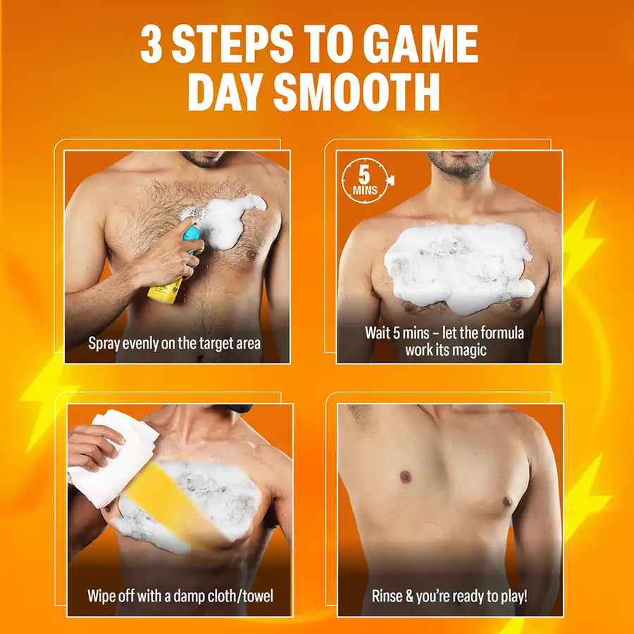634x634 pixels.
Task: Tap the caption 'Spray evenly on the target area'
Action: click(x=175, y=344)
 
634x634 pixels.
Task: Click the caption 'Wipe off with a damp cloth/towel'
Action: click(x=180, y=596)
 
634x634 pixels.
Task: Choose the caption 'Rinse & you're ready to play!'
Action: click(x=449, y=596)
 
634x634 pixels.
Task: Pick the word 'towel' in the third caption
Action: click(x=256, y=596)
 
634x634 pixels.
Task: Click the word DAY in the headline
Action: click(x=226, y=92)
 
